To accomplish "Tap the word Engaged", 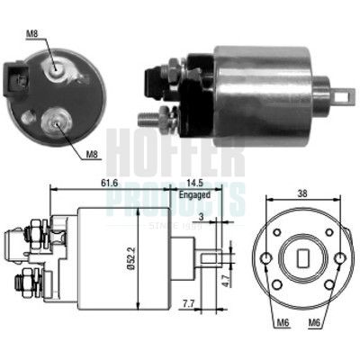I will point(194,193).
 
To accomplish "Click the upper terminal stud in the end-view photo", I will point(58,65).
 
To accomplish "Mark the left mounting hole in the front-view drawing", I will point(268,262).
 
